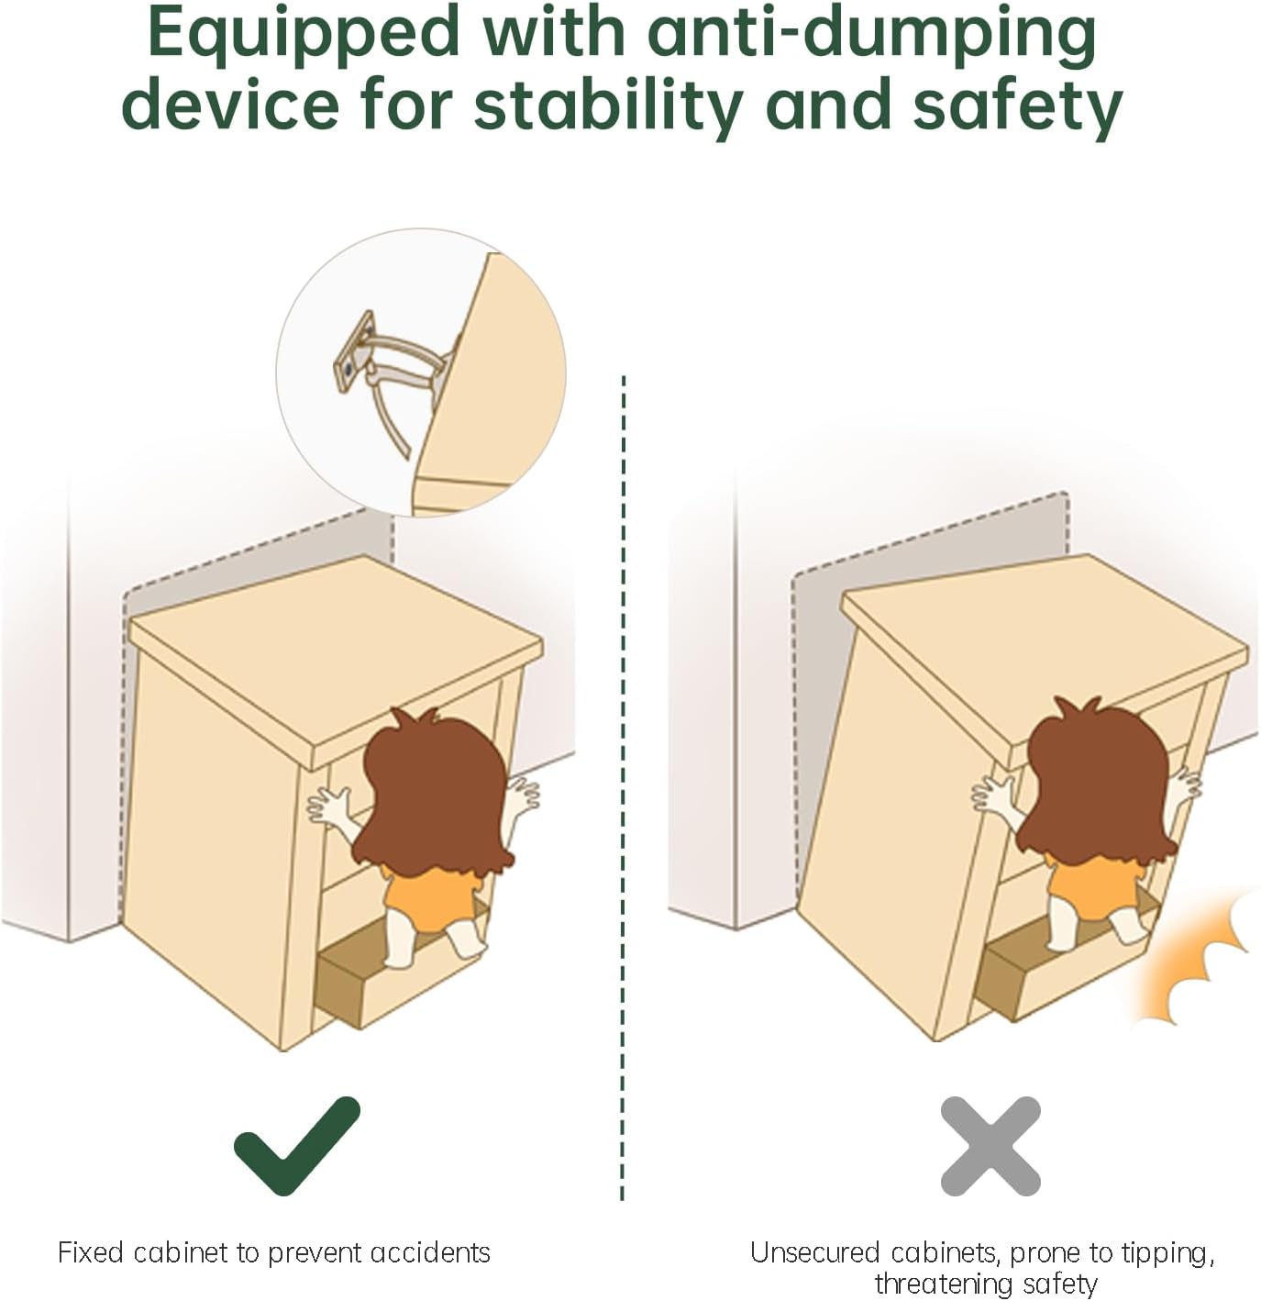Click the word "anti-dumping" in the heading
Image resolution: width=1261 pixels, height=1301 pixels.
coord(872,35)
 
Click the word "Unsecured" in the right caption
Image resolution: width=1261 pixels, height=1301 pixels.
coord(809,1252)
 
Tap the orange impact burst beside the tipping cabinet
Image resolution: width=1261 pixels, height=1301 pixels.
coord(1196,962)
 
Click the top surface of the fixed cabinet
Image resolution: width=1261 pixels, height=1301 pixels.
coord(334,659)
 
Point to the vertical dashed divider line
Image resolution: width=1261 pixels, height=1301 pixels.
coord(623,789)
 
